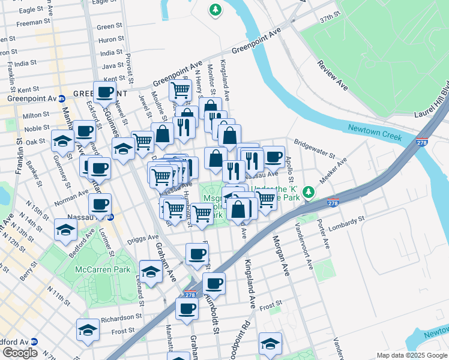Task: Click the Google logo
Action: click(x=20, y=353)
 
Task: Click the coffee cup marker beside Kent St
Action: click(x=104, y=92)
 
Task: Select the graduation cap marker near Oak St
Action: click(x=62, y=141)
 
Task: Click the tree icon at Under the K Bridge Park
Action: click(x=309, y=192)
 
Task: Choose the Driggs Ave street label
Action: click(x=145, y=238)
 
